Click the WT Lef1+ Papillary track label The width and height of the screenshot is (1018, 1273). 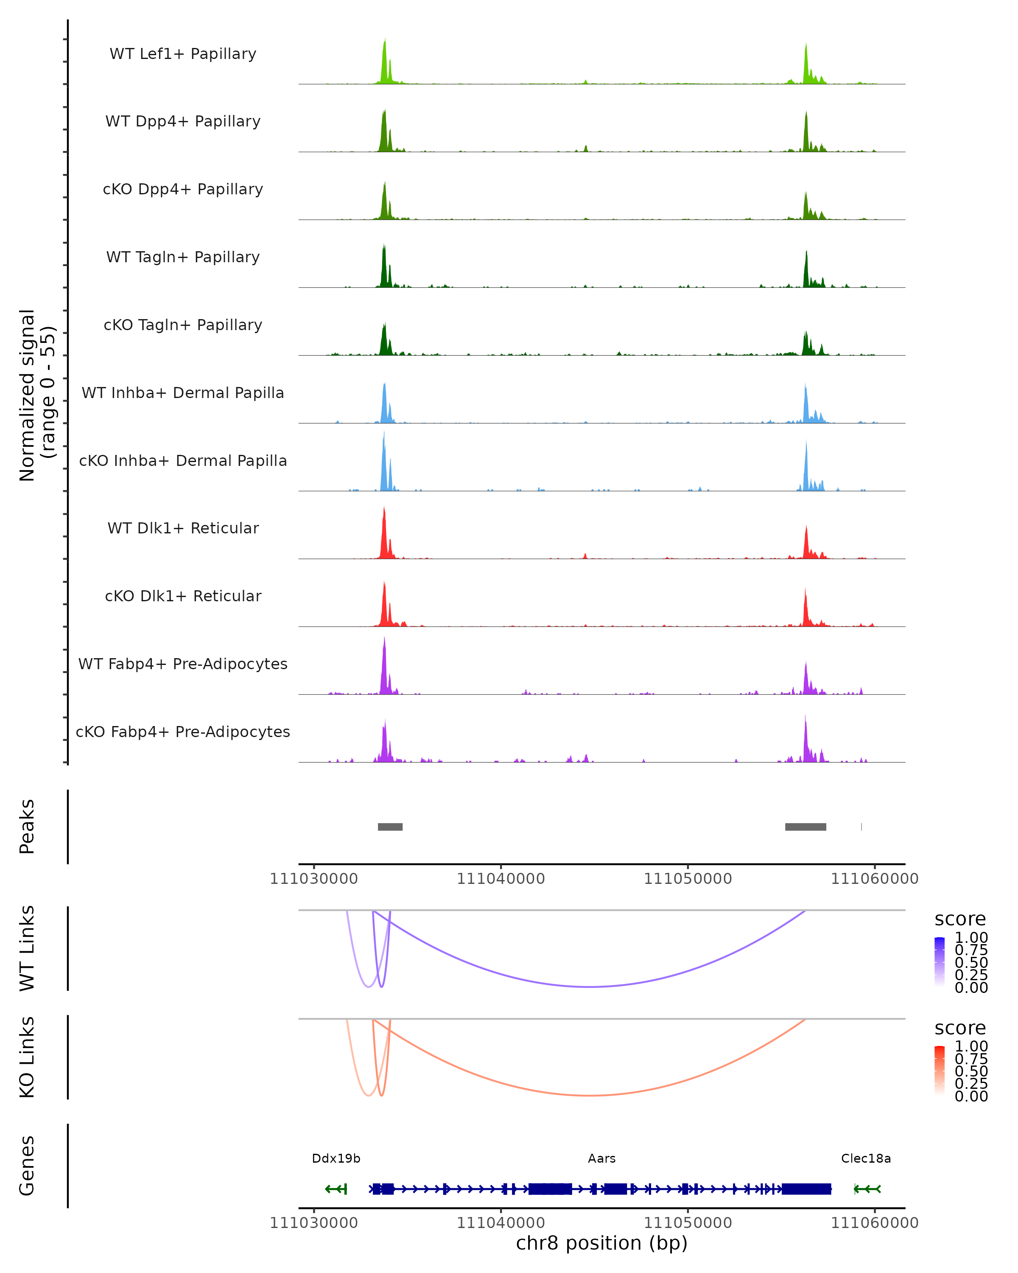tap(183, 54)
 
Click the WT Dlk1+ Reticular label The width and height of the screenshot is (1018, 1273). tap(183, 528)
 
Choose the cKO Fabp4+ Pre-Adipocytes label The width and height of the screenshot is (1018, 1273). tap(183, 732)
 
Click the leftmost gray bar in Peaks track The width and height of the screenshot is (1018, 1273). tap(390, 827)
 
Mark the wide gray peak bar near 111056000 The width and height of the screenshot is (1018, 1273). tap(805, 827)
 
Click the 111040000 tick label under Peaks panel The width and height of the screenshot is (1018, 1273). tap(501, 879)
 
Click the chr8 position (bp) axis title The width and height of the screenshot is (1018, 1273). tap(601, 1243)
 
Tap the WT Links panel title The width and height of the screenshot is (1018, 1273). tap(27, 948)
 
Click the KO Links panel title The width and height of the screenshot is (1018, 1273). tap(27, 1057)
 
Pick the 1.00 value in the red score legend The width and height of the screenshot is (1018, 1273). tap(971, 1046)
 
